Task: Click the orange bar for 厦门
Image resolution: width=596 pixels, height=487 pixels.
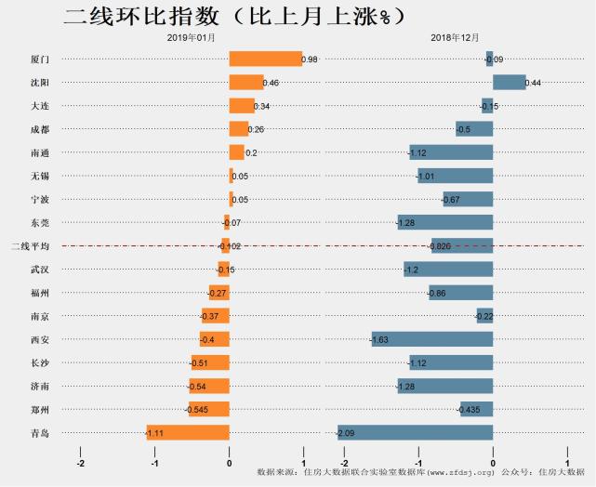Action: click(265, 59)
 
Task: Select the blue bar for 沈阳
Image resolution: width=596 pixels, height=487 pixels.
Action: click(509, 83)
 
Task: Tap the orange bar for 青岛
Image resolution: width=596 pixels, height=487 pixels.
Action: click(188, 432)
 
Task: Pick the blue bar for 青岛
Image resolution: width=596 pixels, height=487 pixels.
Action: click(415, 432)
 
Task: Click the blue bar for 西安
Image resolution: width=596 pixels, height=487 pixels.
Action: click(432, 339)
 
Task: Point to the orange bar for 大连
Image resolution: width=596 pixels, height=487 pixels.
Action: click(242, 106)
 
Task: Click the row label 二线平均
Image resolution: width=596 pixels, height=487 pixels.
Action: click(29, 246)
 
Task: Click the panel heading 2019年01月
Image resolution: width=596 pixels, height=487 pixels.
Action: click(192, 36)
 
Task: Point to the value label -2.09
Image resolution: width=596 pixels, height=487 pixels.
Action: click(345, 433)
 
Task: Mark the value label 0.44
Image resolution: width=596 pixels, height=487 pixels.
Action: click(533, 84)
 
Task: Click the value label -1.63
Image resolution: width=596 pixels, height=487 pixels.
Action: click(379, 340)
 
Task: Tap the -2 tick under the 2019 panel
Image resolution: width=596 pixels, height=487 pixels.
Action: click(81, 462)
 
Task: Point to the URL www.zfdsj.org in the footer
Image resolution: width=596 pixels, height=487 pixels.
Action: click(460, 473)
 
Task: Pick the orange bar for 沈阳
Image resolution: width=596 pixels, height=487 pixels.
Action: click(246, 83)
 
